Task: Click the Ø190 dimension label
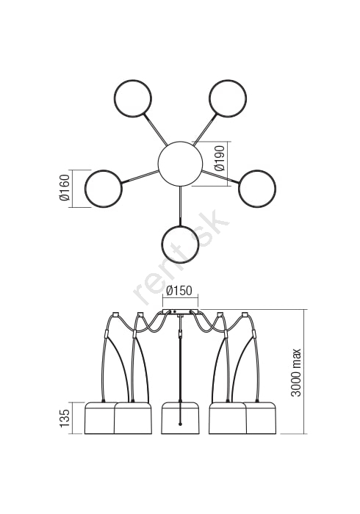coord(220,158)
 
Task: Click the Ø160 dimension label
coord(65,187)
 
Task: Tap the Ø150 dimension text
coord(179,291)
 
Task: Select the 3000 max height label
coord(296,372)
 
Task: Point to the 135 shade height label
coord(65,418)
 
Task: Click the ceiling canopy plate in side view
coord(180,311)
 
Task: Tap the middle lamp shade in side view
coord(180,418)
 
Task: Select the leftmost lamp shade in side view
coord(100,418)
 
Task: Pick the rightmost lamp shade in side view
coord(261,418)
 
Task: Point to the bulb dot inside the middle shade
coord(180,424)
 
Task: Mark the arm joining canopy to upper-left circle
coord(155,129)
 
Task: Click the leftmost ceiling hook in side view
coord(115,314)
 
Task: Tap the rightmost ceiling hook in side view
coord(244,315)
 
